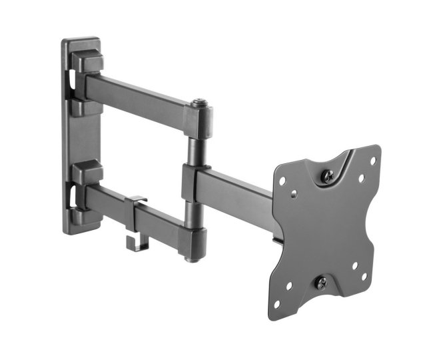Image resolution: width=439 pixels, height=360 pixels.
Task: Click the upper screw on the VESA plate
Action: [x=328, y=176]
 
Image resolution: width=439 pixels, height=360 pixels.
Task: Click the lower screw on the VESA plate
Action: [x=320, y=282]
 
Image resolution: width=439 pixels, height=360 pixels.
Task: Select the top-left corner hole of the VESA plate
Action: [x=283, y=180]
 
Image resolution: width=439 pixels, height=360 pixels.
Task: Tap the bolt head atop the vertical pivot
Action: [x=198, y=104]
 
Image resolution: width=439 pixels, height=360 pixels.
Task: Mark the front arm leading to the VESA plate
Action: [x=240, y=189]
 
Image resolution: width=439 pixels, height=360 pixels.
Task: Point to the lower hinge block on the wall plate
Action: [x=87, y=175]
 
